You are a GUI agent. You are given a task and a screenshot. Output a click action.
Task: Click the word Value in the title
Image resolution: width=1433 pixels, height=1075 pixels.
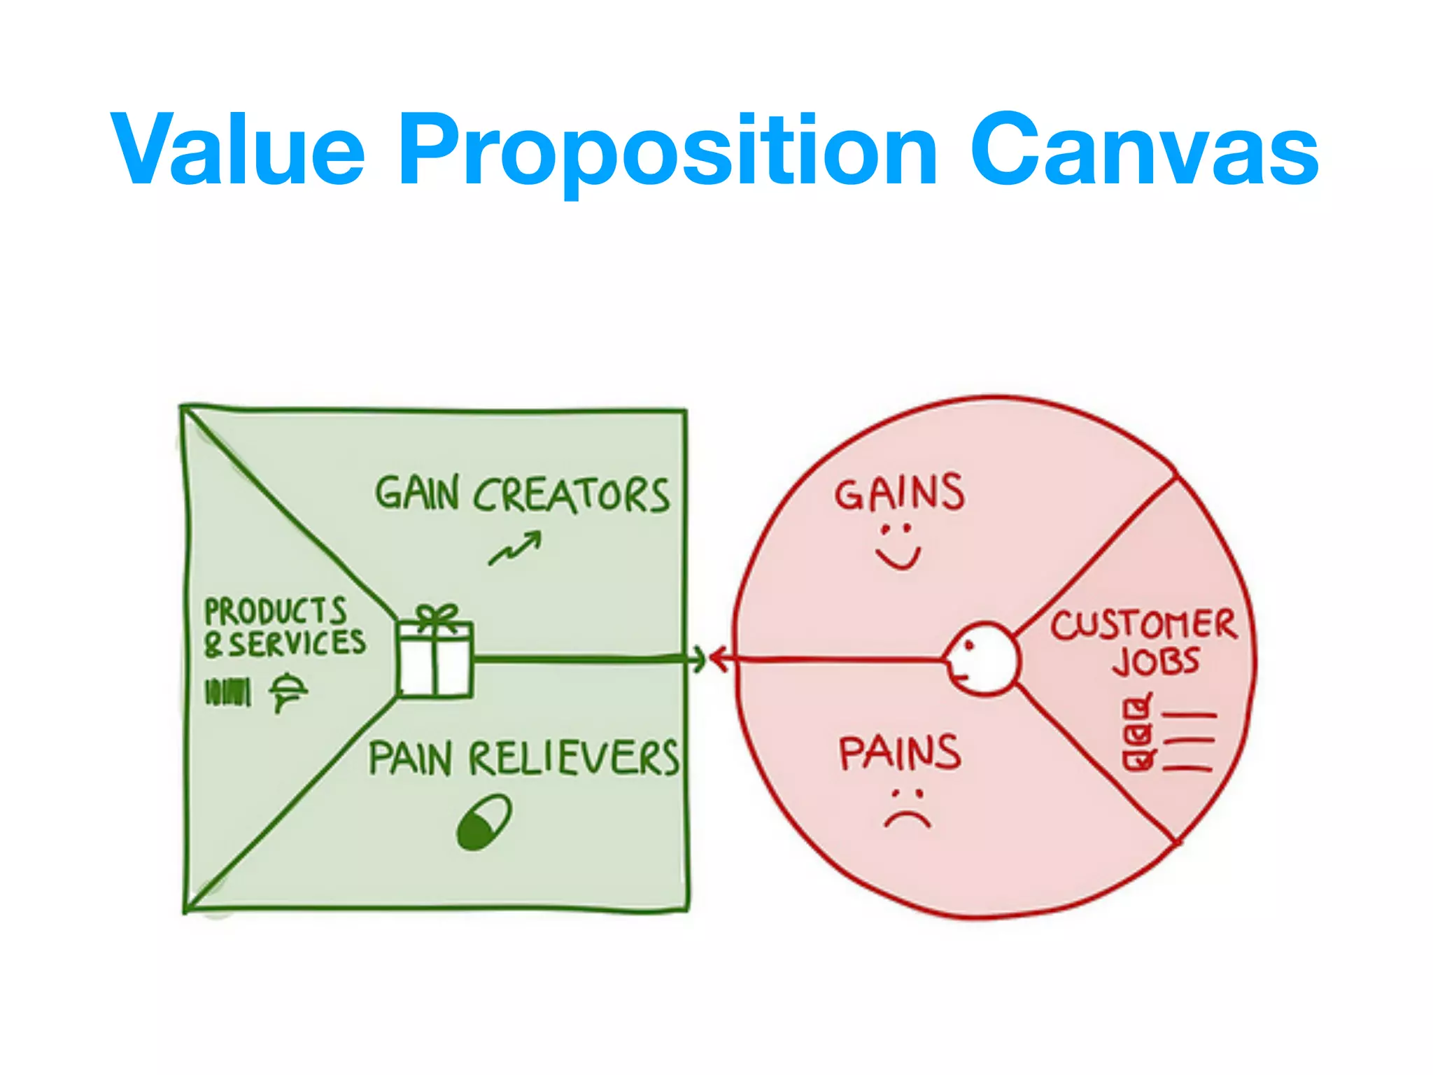pos(238,150)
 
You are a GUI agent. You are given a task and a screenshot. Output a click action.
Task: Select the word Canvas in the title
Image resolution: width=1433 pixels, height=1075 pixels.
pos(1144,150)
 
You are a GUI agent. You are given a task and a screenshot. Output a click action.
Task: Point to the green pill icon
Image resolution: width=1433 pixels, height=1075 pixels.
pos(483,821)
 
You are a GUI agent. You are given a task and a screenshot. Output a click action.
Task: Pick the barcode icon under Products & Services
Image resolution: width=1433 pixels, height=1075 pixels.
pos(227,692)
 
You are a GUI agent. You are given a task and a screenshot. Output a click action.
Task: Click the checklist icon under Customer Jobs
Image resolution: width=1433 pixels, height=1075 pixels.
pos(1167,734)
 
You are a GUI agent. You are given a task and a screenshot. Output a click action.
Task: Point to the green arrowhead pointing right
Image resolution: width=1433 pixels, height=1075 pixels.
pos(698,659)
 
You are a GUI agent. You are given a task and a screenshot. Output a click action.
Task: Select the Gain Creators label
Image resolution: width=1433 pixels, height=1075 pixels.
pos(521,495)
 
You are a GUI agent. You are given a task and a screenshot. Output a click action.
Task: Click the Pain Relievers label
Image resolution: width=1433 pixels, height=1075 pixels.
pos(523,758)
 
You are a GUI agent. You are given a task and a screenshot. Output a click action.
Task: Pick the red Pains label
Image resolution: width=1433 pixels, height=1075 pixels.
pos(900,753)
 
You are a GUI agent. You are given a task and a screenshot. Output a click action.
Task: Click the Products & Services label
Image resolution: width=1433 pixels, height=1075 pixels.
pos(283,627)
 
